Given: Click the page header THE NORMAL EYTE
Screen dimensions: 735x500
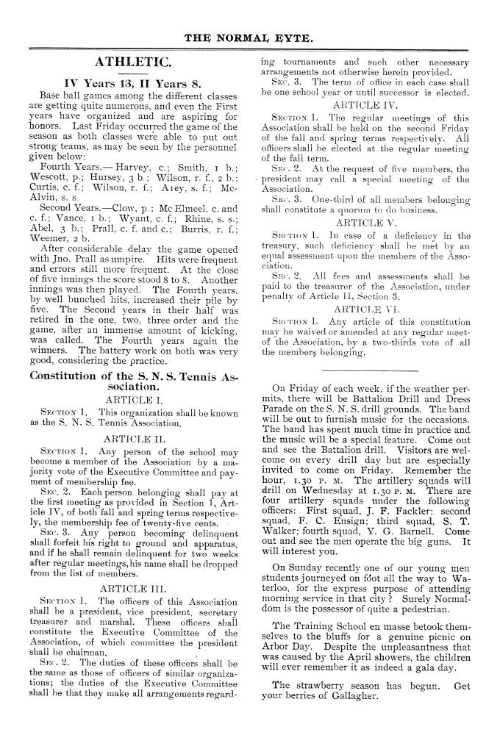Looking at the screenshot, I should [x=250, y=34].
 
